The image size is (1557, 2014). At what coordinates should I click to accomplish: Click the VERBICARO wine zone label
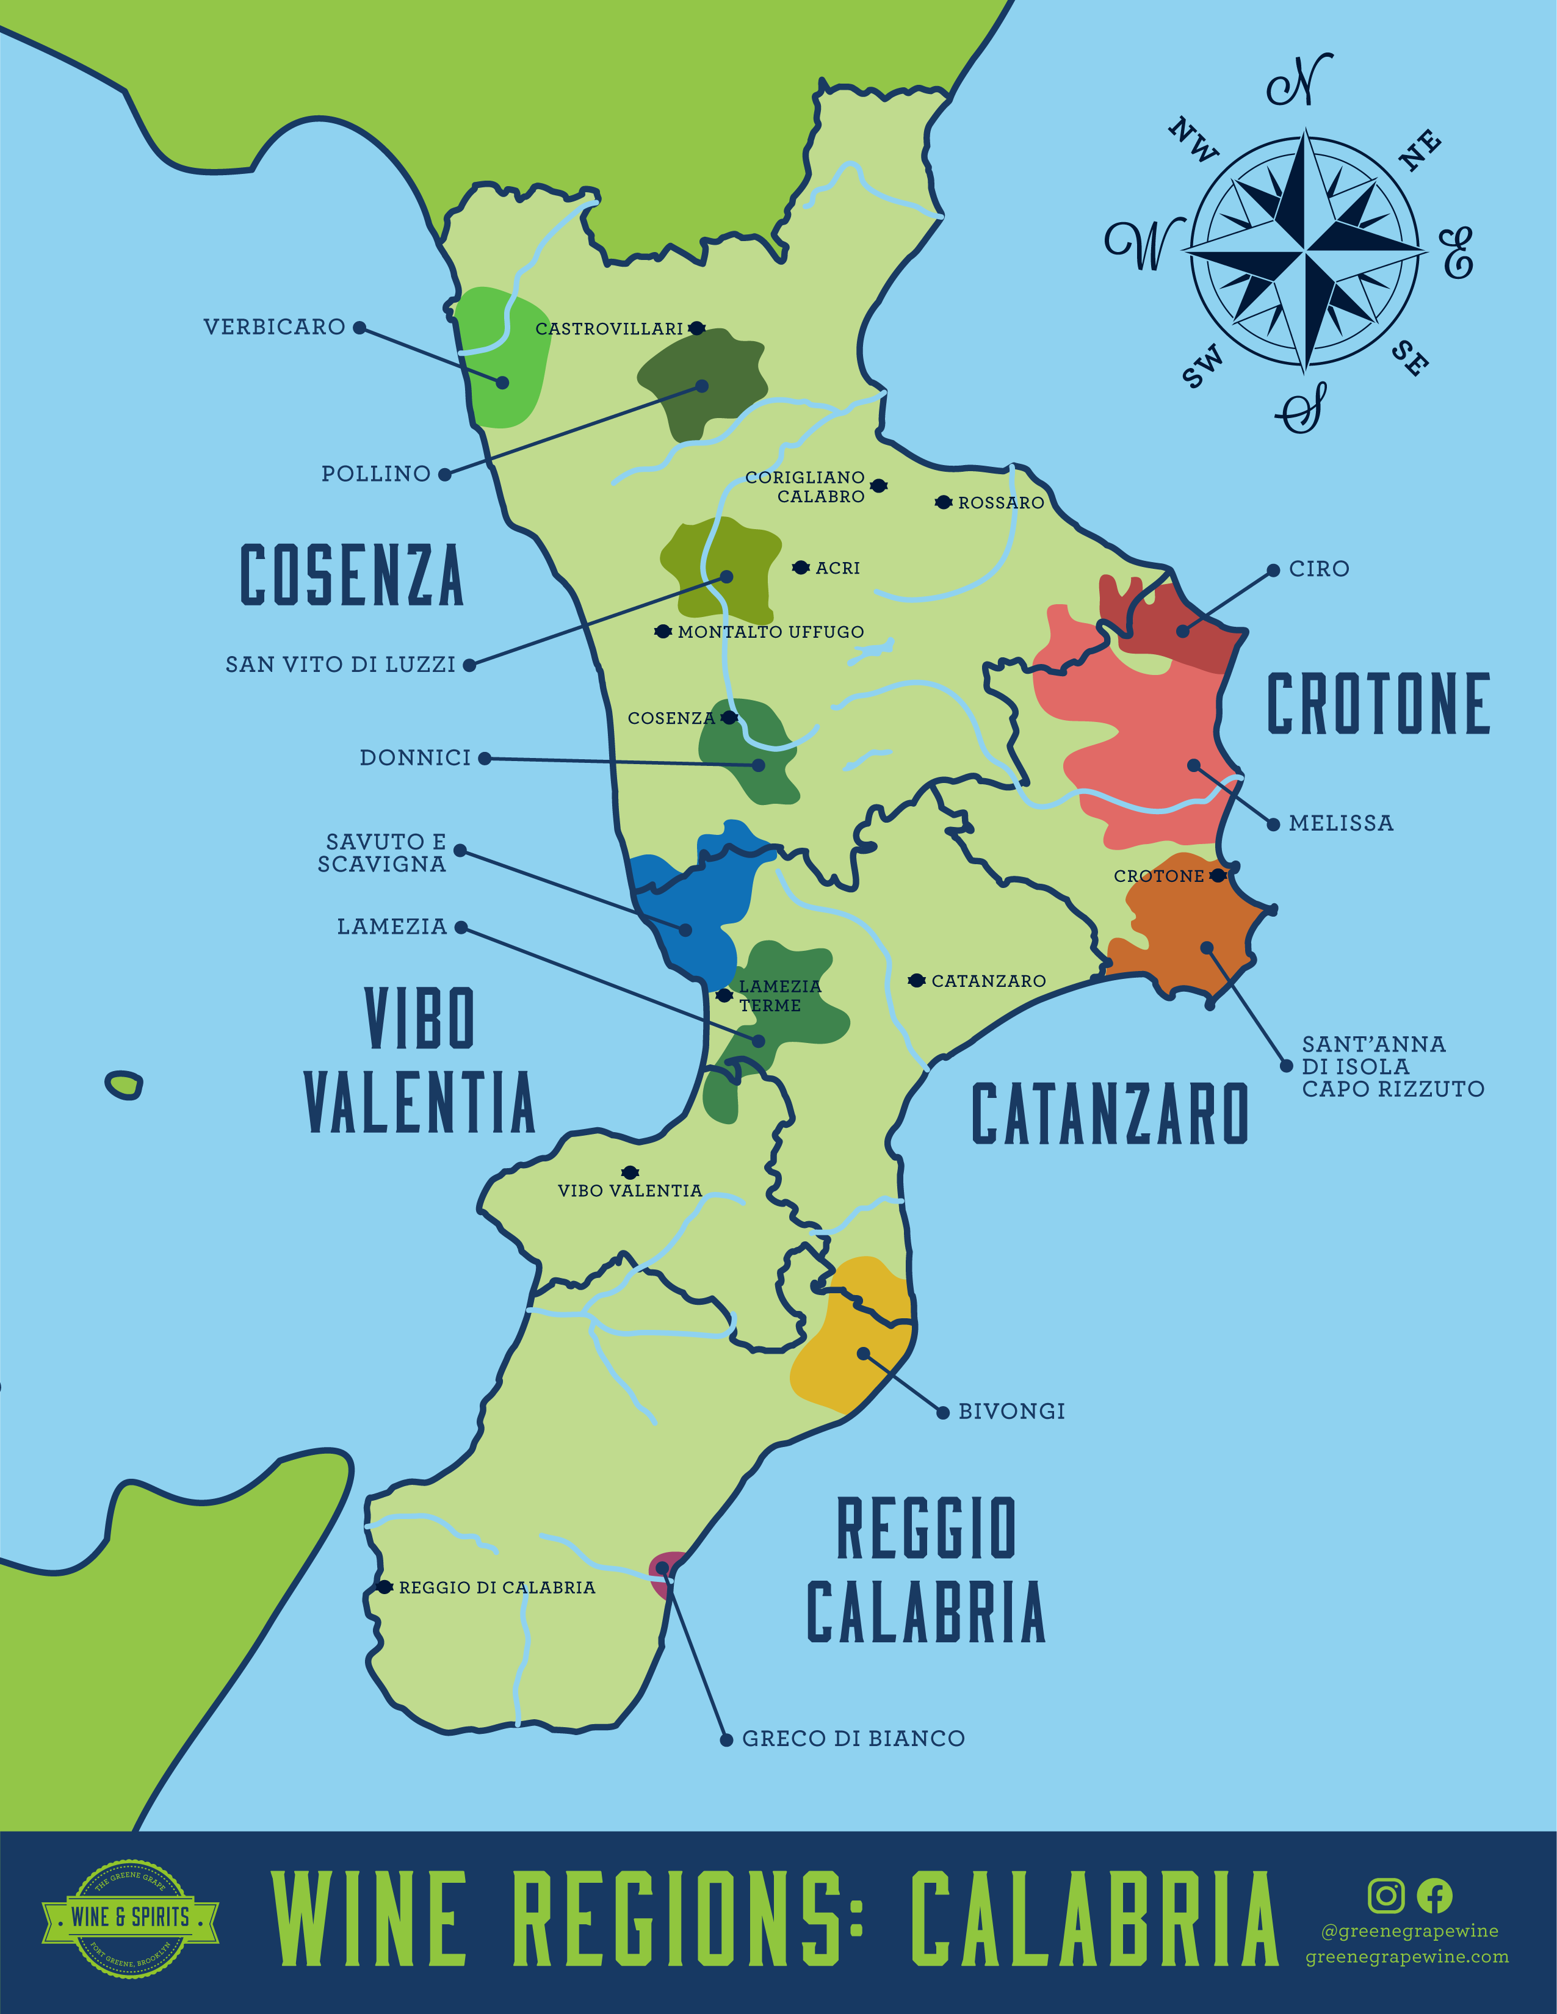pyautogui.click(x=274, y=327)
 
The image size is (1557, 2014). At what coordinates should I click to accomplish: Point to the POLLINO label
pyautogui.click(x=375, y=474)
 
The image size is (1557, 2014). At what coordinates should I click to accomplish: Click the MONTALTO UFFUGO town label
pyautogui.click(x=770, y=632)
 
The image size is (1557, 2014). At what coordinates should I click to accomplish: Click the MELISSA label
pyautogui.click(x=1340, y=823)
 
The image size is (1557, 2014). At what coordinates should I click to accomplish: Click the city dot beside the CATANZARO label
pyautogui.click(x=916, y=980)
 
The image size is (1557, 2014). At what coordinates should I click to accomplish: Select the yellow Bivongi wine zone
pyautogui.click(x=848, y=1337)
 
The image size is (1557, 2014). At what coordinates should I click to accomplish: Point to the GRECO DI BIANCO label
pyautogui.click(x=853, y=1738)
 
